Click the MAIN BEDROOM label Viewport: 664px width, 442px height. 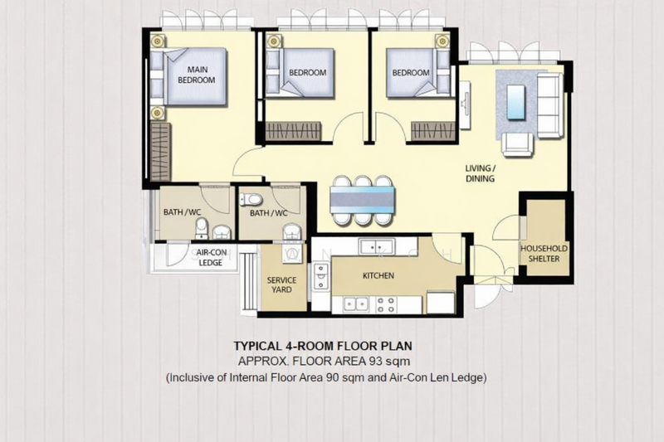coord(196,75)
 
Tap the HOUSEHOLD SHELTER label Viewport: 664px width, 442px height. coord(545,254)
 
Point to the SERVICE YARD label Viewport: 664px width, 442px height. coord(281,285)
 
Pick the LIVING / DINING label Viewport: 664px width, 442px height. coord(481,172)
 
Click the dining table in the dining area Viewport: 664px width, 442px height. coord(362,199)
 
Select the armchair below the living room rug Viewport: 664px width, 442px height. coord(517,143)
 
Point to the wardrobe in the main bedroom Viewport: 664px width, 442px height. coord(160,151)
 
